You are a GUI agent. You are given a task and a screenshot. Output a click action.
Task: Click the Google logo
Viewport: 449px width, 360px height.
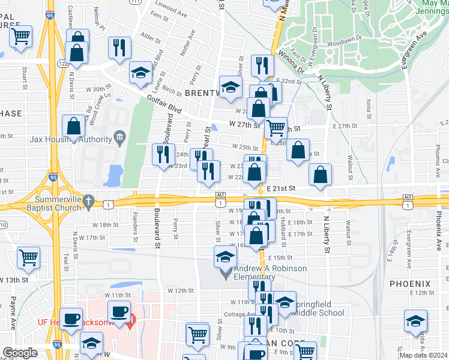20,353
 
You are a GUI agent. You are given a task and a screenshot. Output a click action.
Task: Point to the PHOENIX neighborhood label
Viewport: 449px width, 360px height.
410,283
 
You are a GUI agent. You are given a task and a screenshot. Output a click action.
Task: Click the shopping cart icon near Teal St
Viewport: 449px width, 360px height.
29,258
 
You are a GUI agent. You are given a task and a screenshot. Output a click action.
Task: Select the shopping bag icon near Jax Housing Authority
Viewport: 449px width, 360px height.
73,127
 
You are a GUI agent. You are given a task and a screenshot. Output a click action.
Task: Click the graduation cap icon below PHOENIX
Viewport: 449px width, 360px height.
415,319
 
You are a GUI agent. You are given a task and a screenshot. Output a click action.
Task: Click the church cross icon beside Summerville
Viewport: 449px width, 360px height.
88,200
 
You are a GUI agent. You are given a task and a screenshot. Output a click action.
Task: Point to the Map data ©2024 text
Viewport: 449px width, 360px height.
423,355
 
